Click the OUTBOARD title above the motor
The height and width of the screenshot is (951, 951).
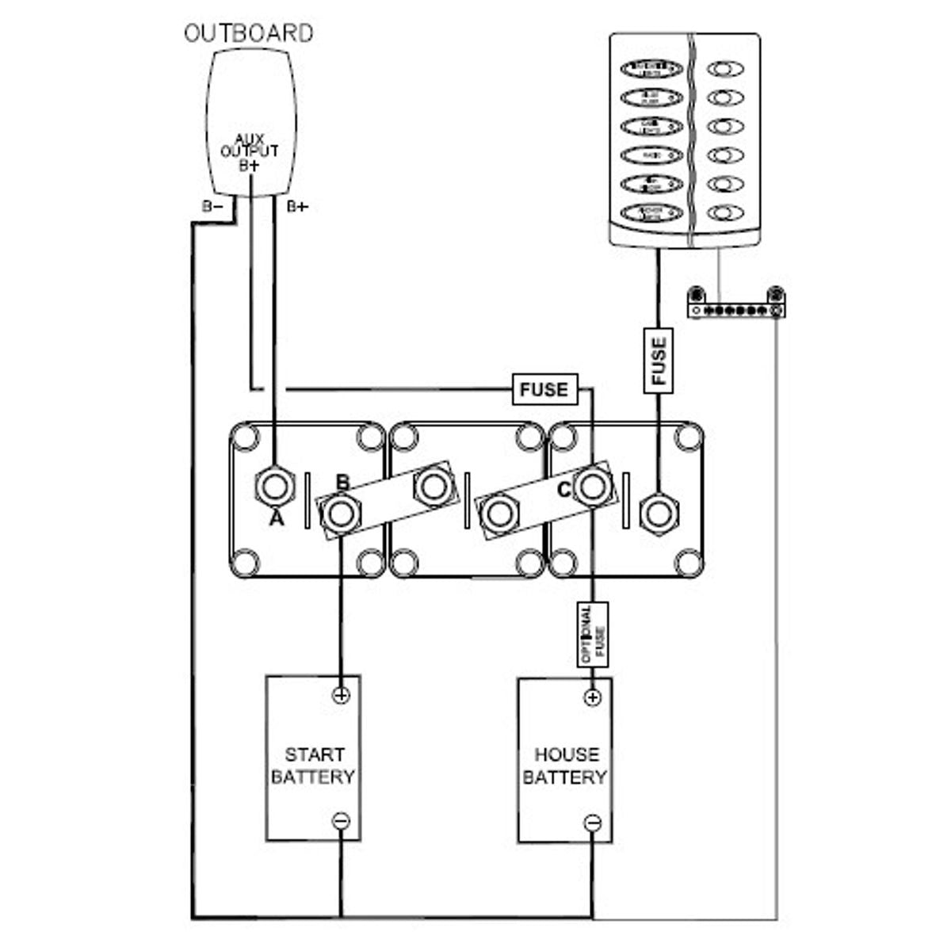pyautogui.click(x=249, y=33)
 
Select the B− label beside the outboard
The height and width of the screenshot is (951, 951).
pyautogui.click(x=212, y=207)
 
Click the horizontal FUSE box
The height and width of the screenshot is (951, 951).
pyautogui.click(x=544, y=389)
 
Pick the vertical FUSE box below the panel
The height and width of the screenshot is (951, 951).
pyautogui.click(x=659, y=361)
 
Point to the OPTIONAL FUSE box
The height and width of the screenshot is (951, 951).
pyautogui.click(x=593, y=634)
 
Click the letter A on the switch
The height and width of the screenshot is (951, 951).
pyautogui.click(x=276, y=519)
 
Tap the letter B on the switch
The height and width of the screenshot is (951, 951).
pyautogui.click(x=342, y=483)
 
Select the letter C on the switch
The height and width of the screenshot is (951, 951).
pyautogui.click(x=563, y=491)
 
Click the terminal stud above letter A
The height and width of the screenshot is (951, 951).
pyautogui.click(x=274, y=485)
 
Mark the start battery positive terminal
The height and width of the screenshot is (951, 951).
pyautogui.click(x=341, y=695)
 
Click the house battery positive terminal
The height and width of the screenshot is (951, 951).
pyautogui.click(x=593, y=697)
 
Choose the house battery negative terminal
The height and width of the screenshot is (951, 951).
pyautogui.click(x=593, y=823)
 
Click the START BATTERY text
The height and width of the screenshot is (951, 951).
pyautogui.click(x=314, y=766)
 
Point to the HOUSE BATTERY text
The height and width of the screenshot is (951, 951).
pyautogui.click(x=565, y=766)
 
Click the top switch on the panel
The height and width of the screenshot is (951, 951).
pyautogui.click(x=651, y=69)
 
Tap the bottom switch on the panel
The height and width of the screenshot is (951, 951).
pyautogui.click(x=651, y=212)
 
